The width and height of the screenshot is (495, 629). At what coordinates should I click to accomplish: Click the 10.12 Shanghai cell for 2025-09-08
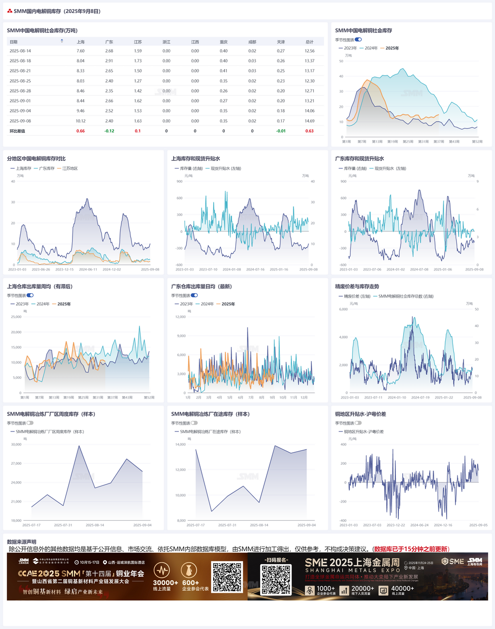pos(81,121)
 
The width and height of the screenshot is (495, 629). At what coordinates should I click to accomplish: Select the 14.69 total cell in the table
pos(309,121)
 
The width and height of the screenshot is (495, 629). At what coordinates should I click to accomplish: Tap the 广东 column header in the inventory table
pos(109,42)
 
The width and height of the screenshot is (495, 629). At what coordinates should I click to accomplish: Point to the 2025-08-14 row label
pos(20,51)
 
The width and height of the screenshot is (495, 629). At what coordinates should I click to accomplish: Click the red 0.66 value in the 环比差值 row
pos(81,131)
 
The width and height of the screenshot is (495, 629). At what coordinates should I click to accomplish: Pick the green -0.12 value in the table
pos(109,131)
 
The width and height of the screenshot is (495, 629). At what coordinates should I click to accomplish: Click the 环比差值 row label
pos(17,131)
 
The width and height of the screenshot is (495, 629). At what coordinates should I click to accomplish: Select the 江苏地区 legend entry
pos(67,169)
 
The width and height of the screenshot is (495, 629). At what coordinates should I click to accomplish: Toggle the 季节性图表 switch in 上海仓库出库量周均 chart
pos(30,295)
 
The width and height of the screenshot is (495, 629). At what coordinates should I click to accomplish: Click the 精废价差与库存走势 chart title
pos(357,286)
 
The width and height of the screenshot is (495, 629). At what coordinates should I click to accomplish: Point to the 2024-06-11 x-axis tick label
pos(88,270)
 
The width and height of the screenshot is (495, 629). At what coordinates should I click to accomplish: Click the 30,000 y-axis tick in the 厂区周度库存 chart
pos(16,444)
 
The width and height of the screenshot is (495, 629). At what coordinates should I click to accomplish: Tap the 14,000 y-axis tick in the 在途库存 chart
pos(180,444)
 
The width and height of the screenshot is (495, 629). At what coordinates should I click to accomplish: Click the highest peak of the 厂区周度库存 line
pos(79,446)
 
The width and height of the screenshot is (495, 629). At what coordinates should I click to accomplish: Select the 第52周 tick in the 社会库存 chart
pos(477,142)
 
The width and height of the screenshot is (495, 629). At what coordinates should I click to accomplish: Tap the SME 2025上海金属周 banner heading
pos(352,563)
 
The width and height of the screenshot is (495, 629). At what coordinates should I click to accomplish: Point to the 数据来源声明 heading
pos(22,542)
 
